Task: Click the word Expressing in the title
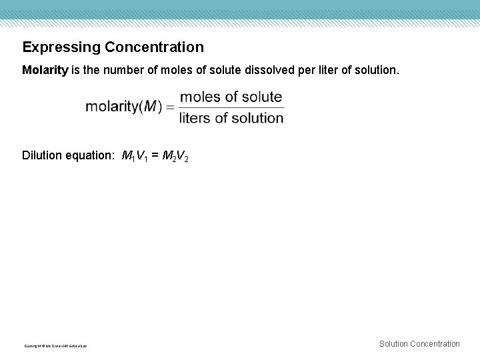60,47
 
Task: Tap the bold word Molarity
45,70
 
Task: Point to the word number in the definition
117,70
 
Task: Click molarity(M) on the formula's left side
123,107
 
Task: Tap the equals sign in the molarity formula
170,107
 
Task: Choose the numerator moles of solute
231,97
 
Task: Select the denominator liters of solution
231,118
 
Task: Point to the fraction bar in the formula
231,107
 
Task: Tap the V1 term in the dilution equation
143,157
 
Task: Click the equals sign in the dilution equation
156,157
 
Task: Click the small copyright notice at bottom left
55,345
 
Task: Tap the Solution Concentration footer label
419,344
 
